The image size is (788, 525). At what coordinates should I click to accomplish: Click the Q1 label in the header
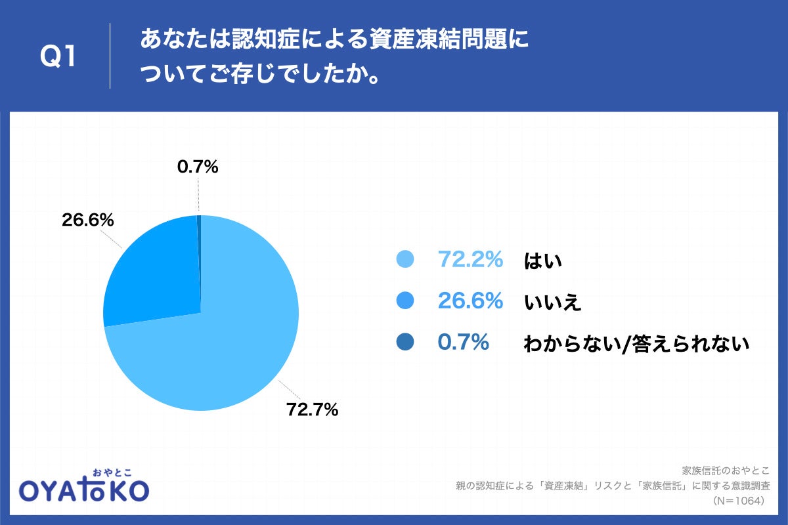(x=58, y=57)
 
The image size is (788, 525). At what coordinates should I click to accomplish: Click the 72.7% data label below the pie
(x=312, y=410)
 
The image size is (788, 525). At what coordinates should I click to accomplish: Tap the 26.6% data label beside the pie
(x=88, y=220)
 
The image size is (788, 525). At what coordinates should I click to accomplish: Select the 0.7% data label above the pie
(x=198, y=167)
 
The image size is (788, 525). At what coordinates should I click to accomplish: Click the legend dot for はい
(x=405, y=260)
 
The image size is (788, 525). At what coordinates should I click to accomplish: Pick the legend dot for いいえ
(x=405, y=301)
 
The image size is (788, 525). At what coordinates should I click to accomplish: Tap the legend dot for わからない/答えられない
(x=405, y=342)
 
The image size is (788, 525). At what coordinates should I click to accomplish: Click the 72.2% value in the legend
(x=470, y=260)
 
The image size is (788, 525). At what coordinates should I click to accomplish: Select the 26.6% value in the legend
(x=470, y=301)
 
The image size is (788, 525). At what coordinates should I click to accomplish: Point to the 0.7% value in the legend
(x=464, y=342)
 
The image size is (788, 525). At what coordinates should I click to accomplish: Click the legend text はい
(x=543, y=261)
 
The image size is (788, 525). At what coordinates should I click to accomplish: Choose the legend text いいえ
(x=553, y=302)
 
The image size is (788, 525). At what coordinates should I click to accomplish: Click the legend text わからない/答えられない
(x=636, y=343)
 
